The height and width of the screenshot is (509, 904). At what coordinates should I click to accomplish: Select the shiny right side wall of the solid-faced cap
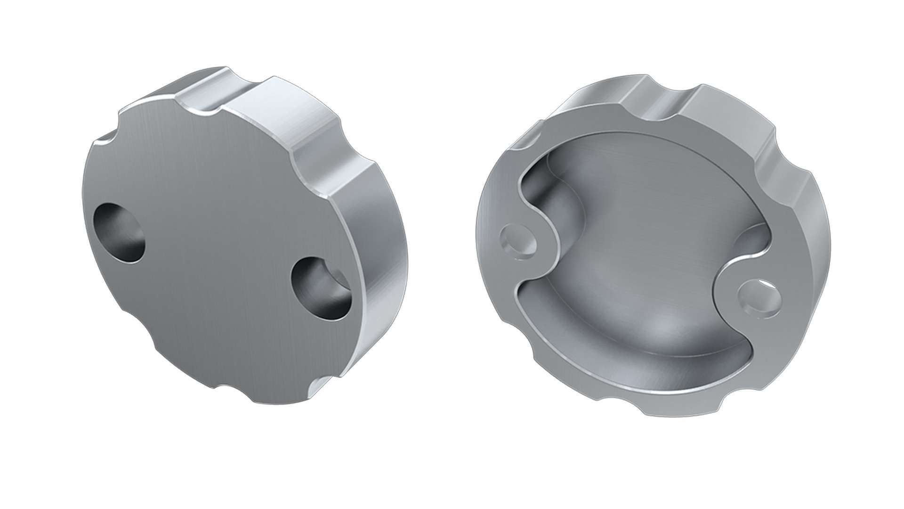381,273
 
